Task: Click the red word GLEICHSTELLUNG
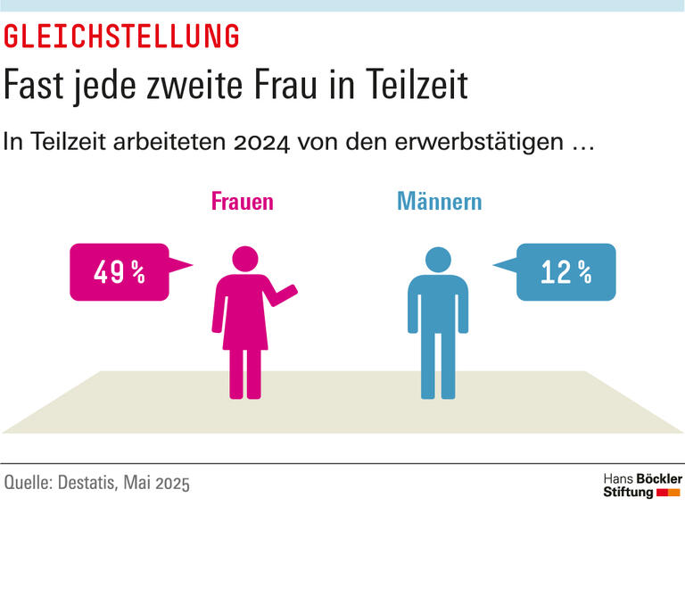click(x=122, y=37)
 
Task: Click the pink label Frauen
click(x=242, y=201)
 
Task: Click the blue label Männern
click(x=439, y=201)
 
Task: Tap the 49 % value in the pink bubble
click(x=119, y=272)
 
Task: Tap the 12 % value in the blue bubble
click(x=566, y=272)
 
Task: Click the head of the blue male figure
click(x=438, y=260)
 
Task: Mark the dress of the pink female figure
click(x=242, y=312)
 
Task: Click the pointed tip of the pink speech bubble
click(x=192, y=264)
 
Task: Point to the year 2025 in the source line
click(x=172, y=484)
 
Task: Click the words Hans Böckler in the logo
click(x=642, y=478)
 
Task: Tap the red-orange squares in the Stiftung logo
click(x=668, y=492)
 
